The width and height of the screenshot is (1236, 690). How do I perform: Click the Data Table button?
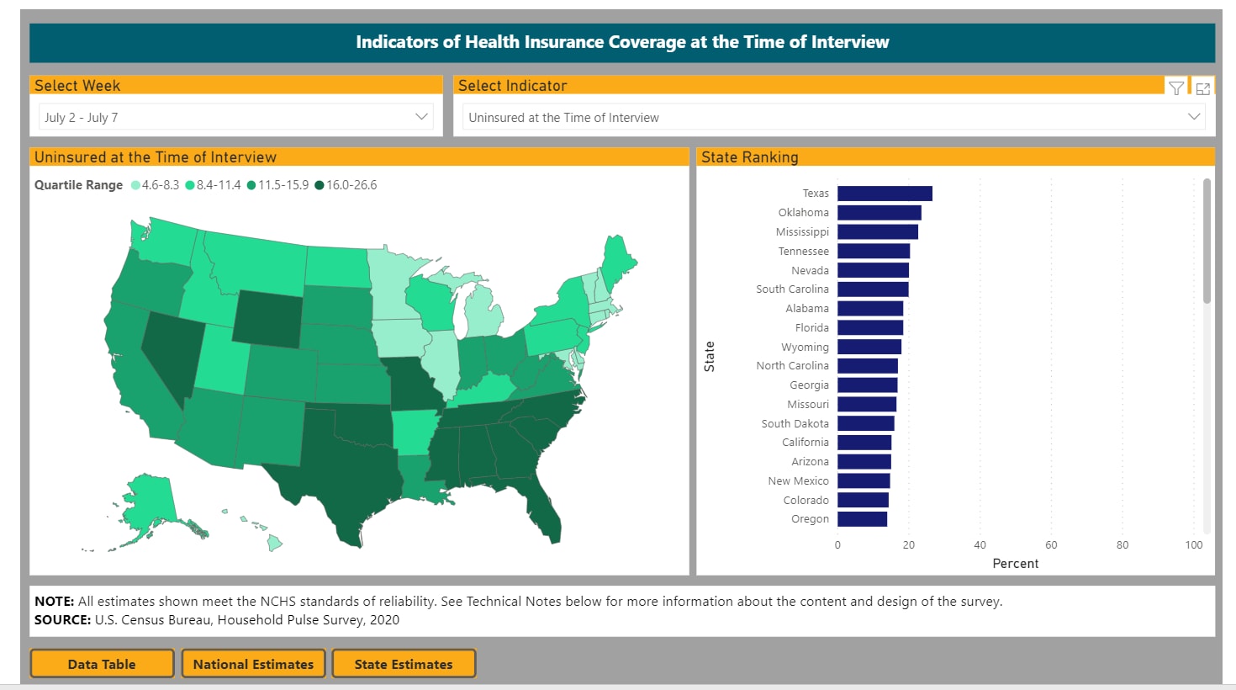pos(102,664)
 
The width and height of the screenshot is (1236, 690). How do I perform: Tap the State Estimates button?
pos(404,664)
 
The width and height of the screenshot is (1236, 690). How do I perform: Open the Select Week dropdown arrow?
pos(421,117)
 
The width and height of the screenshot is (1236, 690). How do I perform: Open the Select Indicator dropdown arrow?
pos(1193,117)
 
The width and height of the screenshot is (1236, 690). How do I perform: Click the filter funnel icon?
pos(1176,88)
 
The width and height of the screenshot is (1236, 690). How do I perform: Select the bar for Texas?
pos(885,194)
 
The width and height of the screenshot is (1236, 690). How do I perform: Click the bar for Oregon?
pos(862,519)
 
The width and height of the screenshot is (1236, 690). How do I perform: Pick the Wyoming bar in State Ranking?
pos(869,347)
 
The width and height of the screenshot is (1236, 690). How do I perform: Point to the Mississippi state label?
pos(802,232)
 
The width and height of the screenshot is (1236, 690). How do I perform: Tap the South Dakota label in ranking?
pos(795,423)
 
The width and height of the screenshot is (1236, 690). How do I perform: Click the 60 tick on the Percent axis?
pos(1051,545)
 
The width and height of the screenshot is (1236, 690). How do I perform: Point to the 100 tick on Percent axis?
pos(1193,545)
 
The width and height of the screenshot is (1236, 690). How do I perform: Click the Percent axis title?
pos(1015,564)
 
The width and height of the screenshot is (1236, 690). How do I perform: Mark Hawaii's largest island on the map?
pos(274,544)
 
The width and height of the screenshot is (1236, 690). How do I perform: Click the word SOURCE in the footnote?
pos(62,620)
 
